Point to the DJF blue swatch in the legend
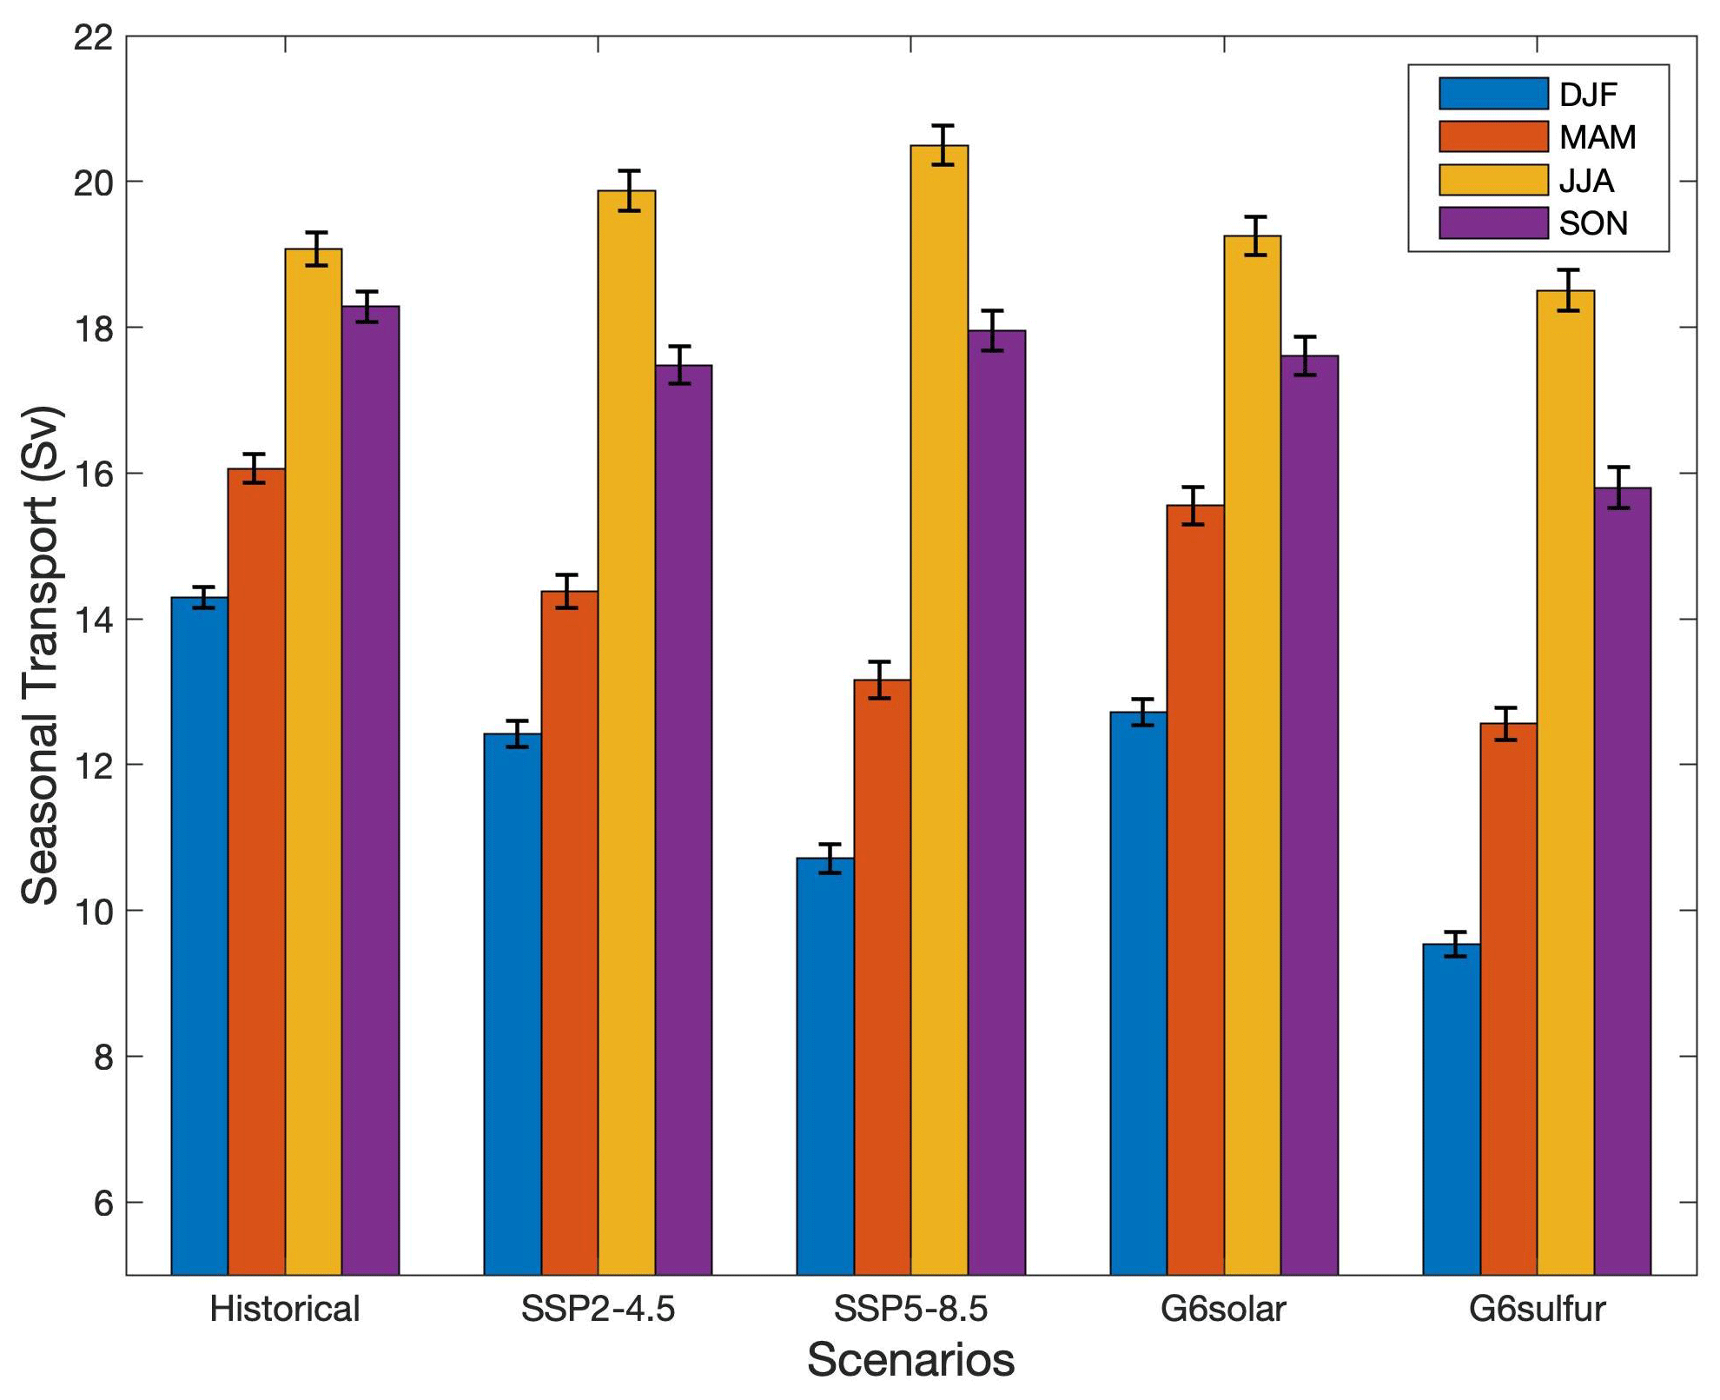(x=1493, y=94)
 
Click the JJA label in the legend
(x=1586, y=181)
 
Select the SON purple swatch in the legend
(x=1493, y=223)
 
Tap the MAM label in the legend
(x=1598, y=137)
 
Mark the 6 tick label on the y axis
(x=103, y=1204)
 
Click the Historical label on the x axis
(x=285, y=1309)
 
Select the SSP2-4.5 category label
(x=598, y=1309)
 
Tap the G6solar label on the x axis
(x=1223, y=1309)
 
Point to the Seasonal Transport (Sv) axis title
(x=40, y=655)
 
